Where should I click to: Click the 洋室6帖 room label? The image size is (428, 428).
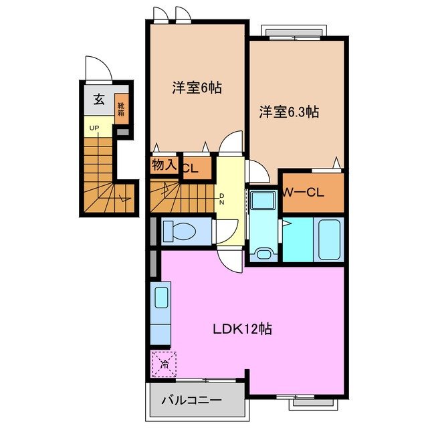pyautogui.click(x=197, y=88)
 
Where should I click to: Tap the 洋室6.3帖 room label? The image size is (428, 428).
pyautogui.click(x=289, y=112)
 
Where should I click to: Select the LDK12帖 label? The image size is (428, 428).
pyautogui.click(x=241, y=329)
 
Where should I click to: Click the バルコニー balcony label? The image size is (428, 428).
pyautogui.click(x=191, y=401)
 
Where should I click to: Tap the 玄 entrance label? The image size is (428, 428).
pyautogui.click(x=98, y=100)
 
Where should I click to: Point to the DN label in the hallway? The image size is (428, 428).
pyautogui.click(x=223, y=199)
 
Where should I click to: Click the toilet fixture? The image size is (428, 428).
pyautogui.click(x=178, y=231)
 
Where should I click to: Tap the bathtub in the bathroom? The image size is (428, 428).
pyautogui.click(x=330, y=238)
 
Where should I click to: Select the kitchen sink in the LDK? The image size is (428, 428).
pyautogui.click(x=162, y=296)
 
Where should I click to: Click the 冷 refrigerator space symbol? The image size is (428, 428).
pyautogui.click(x=164, y=363)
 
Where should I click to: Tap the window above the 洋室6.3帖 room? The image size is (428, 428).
pyautogui.click(x=298, y=31)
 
